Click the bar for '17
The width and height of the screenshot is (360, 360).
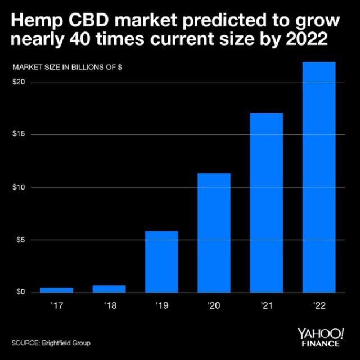pyautogui.click(x=56, y=290)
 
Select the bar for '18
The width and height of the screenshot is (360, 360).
pyautogui.click(x=109, y=289)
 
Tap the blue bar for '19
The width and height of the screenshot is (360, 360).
pyautogui.click(x=161, y=262)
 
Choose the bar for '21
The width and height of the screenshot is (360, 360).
pyautogui.click(x=267, y=202)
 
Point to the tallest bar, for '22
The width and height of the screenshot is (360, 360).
pyautogui.click(x=319, y=177)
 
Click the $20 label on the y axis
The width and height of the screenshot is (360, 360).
pyautogui.click(x=19, y=82)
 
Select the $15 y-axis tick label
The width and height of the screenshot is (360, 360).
pyautogui.click(x=19, y=134)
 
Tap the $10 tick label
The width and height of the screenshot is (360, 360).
pyautogui.click(x=19, y=187)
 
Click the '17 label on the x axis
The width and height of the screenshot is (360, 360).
pyautogui.click(x=56, y=307)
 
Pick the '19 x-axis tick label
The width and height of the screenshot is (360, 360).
pyautogui.click(x=161, y=307)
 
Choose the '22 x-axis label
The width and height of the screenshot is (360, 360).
pyautogui.click(x=319, y=307)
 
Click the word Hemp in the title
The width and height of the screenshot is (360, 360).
pyautogui.click(x=35, y=21)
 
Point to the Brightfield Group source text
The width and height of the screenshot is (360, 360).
pyautogui.click(x=65, y=343)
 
